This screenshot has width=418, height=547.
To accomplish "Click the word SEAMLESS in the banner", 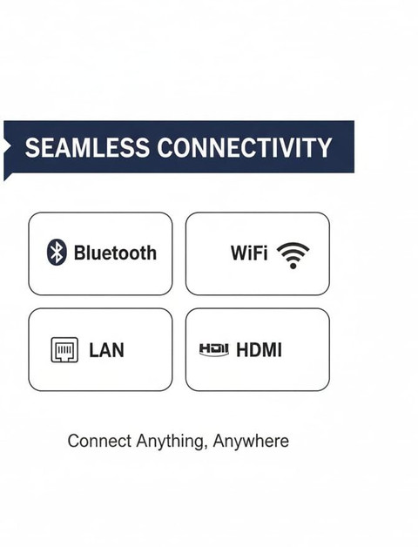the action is (x=87, y=147).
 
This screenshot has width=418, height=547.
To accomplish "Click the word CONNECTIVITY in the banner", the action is (x=244, y=147).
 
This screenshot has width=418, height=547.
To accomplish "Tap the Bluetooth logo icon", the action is (x=57, y=252).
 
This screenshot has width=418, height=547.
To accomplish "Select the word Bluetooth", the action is (x=115, y=253).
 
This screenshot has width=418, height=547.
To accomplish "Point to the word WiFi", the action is (x=249, y=253).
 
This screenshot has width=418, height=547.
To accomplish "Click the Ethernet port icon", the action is (x=64, y=349).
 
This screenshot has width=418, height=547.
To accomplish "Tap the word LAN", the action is (x=106, y=350).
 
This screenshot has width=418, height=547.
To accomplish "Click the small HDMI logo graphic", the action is (x=214, y=349).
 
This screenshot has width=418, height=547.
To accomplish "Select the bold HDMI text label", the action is (x=259, y=350).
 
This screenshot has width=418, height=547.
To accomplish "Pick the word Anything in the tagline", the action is (x=170, y=442).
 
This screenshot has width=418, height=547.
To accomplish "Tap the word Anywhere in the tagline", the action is (x=251, y=442).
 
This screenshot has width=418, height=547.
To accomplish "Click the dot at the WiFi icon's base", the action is (x=293, y=266).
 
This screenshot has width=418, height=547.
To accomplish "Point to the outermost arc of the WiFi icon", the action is (x=293, y=246).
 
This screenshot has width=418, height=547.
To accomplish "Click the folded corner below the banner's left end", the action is (x=7, y=177).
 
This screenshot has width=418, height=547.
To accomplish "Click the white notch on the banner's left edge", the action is (x=7, y=146).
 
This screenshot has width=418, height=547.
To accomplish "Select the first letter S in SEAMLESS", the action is (x=31, y=147).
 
